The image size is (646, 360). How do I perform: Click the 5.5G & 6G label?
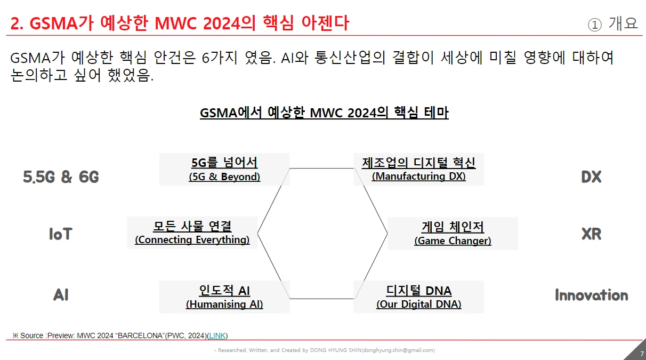point(61,177)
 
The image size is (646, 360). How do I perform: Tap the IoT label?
point(60,234)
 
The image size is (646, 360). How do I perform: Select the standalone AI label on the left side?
point(61,295)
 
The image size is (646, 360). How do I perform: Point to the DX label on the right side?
point(591,177)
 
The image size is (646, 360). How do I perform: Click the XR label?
point(591,234)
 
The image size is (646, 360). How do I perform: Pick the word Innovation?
point(592,295)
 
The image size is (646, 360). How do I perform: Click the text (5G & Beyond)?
point(224,177)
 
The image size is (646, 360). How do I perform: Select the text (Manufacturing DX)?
point(419,176)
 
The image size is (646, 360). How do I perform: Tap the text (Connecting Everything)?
point(192,239)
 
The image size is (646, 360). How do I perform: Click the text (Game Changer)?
point(453,241)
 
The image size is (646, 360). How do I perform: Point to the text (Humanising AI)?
point(224,304)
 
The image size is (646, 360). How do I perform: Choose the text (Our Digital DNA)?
point(419,304)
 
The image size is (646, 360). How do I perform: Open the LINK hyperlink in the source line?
point(217,335)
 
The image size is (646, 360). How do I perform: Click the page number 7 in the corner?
point(642,354)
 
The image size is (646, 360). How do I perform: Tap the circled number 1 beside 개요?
point(595,25)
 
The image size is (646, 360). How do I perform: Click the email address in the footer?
point(398,350)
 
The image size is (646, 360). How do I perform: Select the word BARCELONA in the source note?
point(140,335)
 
